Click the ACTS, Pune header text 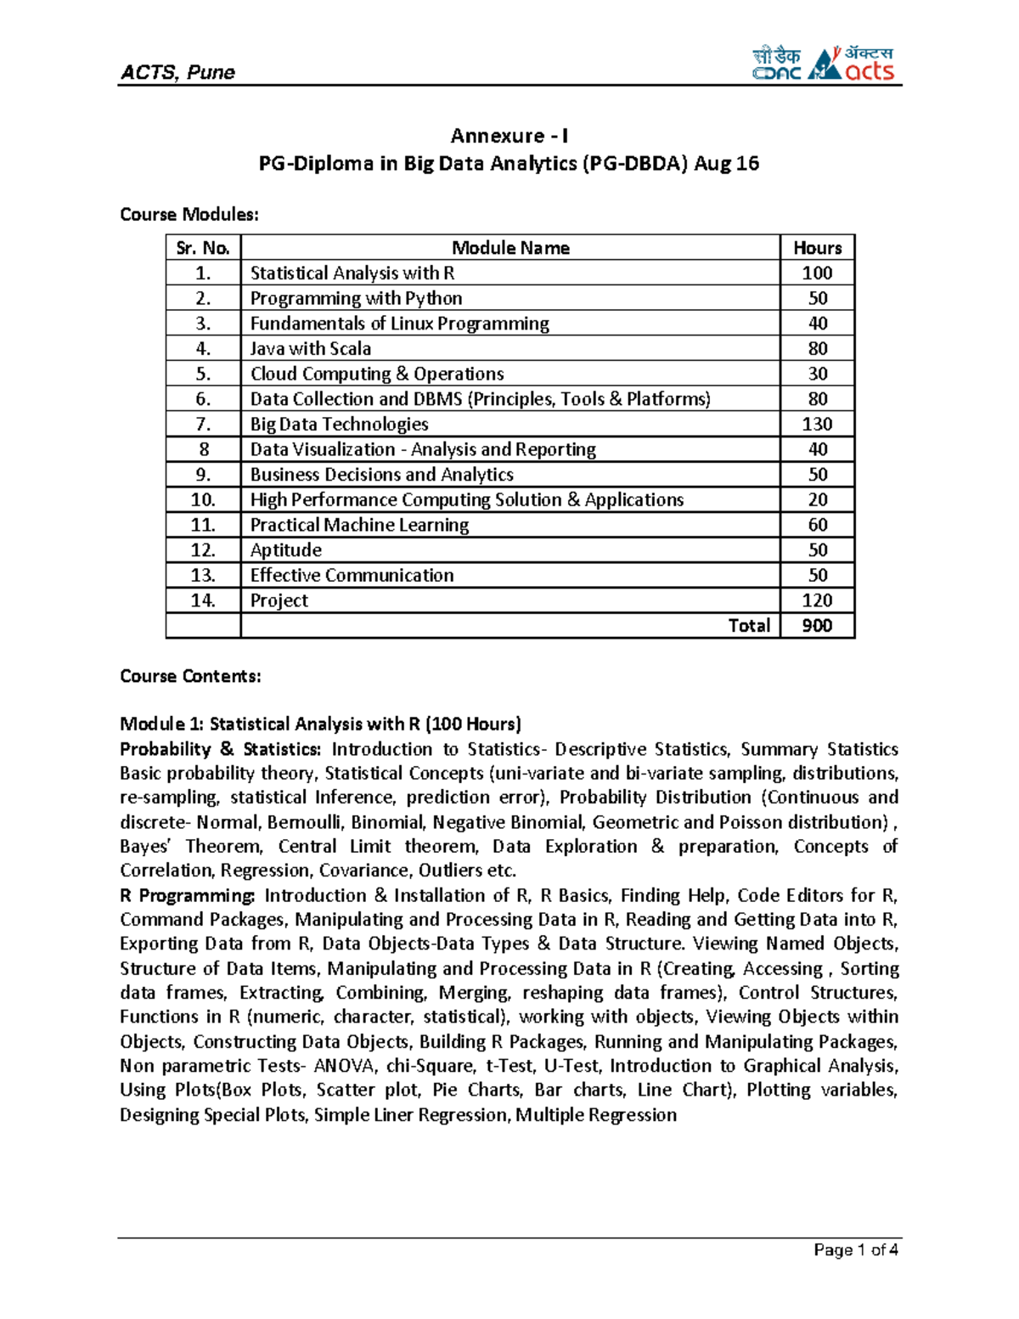click(x=177, y=72)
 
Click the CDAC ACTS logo click(x=823, y=64)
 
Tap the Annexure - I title click(x=509, y=136)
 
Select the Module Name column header click(x=510, y=248)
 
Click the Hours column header click(x=817, y=248)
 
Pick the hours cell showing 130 click(x=817, y=424)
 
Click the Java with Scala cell click(x=311, y=348)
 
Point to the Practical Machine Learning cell click(x=359, y=525)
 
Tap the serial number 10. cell click(x=203, y=499)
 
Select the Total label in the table click(x=749, y=625)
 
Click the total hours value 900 click(x=817, y=625)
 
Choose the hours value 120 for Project click(x=817, y=600)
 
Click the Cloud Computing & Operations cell click(x=377, y=374)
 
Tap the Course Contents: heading click(x=190, y=676)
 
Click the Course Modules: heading click(x=189, y=214)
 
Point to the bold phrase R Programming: click(x=187, y=895)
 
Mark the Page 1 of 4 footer click(x=855, y=1249)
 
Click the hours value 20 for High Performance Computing click(x=817, y=499)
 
